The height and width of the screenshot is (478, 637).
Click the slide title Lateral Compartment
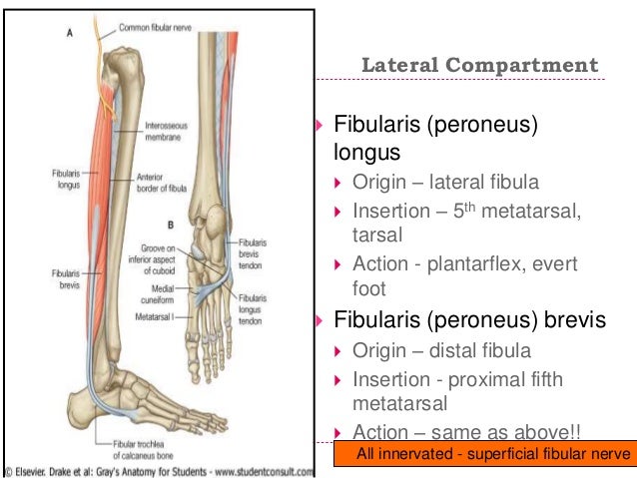click(479, 66)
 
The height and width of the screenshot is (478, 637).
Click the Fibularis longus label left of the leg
click(66, 177)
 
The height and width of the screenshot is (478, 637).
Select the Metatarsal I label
click(154, 315)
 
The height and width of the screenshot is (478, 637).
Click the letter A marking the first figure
click(69, 32)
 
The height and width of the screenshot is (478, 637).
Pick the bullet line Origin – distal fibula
click(440, 350)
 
